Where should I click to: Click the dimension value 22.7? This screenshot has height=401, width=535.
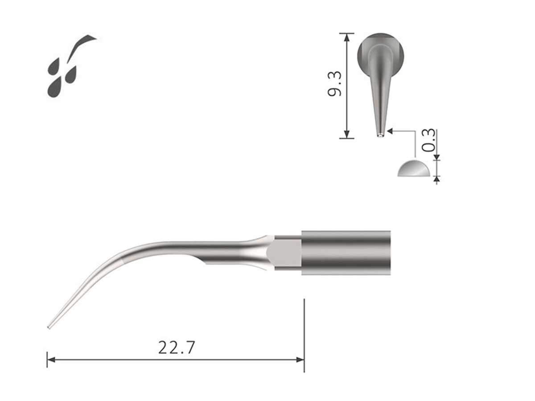pyautogui.click(x=177, y=347)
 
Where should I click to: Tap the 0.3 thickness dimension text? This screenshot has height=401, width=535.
pyautogui.click(x=428, y=140)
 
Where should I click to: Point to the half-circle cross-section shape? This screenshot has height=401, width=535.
pyautogui.click(x=414, y=169)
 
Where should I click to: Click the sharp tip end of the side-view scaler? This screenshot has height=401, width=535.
pyautogui.click(x=49, y=328)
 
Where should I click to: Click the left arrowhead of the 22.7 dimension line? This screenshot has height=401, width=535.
pyautogui.click(x=50, y=359)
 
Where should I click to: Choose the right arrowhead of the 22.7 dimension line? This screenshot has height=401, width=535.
pyautogui.click(x=300, y=359)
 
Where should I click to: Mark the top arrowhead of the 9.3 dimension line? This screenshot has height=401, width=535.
pyautogui.click(x=346, y=36)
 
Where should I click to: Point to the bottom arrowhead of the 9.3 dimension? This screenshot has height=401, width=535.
pyautogui.click(x=346, y=135)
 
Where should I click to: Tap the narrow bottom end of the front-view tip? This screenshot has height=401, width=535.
pyautogui.click(x=380, y=134)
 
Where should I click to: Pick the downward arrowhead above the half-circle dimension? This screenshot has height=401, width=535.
pyautogui.click(x=436, y=156)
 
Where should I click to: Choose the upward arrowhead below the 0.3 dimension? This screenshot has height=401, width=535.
pyautogui.click(x=436, y=179)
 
